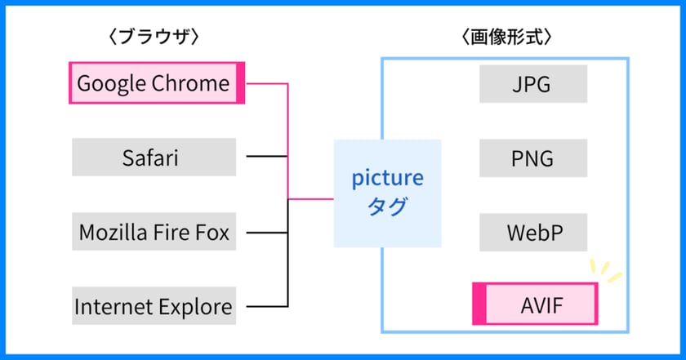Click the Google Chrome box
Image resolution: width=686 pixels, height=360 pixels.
point(157,82)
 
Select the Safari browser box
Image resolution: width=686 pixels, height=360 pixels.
point(154,157)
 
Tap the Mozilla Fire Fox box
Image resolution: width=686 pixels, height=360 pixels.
point(154,231)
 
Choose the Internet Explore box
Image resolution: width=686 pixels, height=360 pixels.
point(154,306)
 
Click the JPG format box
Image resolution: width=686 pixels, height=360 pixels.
point(533,84)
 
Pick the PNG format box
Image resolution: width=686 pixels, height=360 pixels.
point(533,158)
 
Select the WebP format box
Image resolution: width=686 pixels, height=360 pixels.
point(533,233)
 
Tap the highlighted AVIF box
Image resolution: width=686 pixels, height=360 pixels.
point(535,304)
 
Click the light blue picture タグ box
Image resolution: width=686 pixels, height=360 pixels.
point(387,193)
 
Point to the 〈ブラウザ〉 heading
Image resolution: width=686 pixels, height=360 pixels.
point(154,37)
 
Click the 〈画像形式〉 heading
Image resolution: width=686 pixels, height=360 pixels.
point(506,37)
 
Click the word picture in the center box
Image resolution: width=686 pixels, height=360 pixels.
point(388,179)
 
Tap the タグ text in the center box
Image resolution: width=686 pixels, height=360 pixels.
point(388,206)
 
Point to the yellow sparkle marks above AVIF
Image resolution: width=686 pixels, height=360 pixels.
point(605,270)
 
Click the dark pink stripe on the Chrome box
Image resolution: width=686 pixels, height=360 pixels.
point(240,82)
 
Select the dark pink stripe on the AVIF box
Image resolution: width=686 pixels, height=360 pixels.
point(479,304)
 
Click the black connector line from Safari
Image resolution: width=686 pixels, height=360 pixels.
point(267,156)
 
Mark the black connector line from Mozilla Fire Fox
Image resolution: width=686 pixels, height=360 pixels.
point(267,233)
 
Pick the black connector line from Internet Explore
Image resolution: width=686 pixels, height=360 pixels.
point(267,306)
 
